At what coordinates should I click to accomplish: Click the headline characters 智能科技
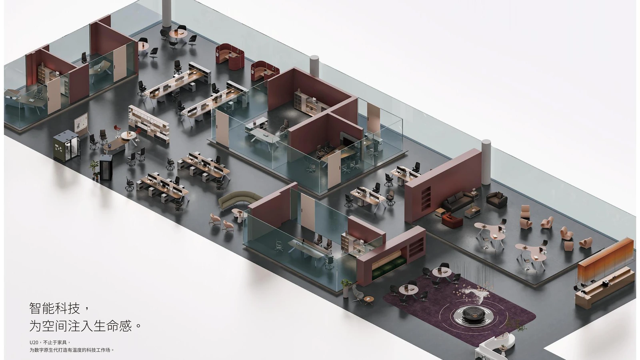pos(54,308)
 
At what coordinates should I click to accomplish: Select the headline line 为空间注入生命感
pos(80,326)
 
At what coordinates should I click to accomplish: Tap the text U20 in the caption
pos(34,342)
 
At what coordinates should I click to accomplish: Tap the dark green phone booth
pos(66,146)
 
